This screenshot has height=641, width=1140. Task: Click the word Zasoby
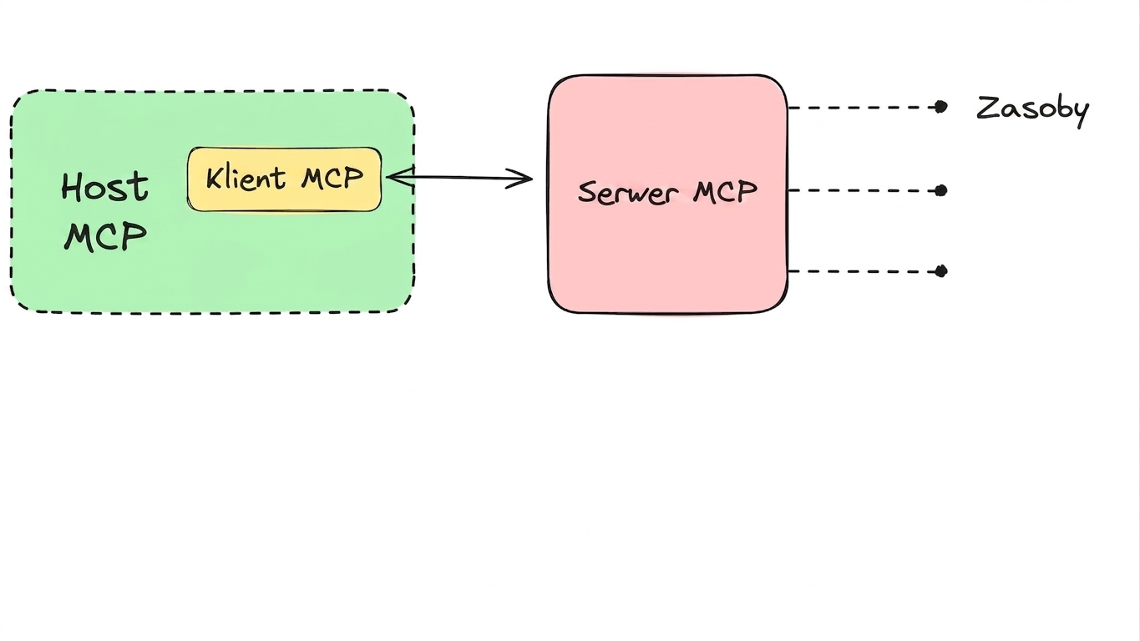pos(1032,110)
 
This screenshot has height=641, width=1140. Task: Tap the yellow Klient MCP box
pos(285,179)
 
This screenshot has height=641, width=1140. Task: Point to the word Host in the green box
pos(105,187)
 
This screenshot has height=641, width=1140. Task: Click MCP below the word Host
pos(105,236)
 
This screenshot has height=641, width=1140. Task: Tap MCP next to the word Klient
pos(332,178)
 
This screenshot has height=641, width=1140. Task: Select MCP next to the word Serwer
pos(725,192)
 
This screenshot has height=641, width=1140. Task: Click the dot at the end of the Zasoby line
pos(941,108)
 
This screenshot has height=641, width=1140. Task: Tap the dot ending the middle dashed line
pos(941,191)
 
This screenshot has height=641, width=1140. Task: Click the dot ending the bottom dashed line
pos(941,271)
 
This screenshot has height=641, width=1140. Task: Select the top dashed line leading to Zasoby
pos(863,108)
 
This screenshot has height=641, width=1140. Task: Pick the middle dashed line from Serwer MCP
pos(863,191)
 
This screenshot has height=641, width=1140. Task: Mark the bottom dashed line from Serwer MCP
pos(863,271)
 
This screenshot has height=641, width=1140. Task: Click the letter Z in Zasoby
pos(988,108)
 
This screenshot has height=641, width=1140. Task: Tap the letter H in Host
pos(72,187)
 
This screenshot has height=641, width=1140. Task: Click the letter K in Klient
pos(215,179)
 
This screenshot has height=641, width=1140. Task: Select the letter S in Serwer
pos(588,194)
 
